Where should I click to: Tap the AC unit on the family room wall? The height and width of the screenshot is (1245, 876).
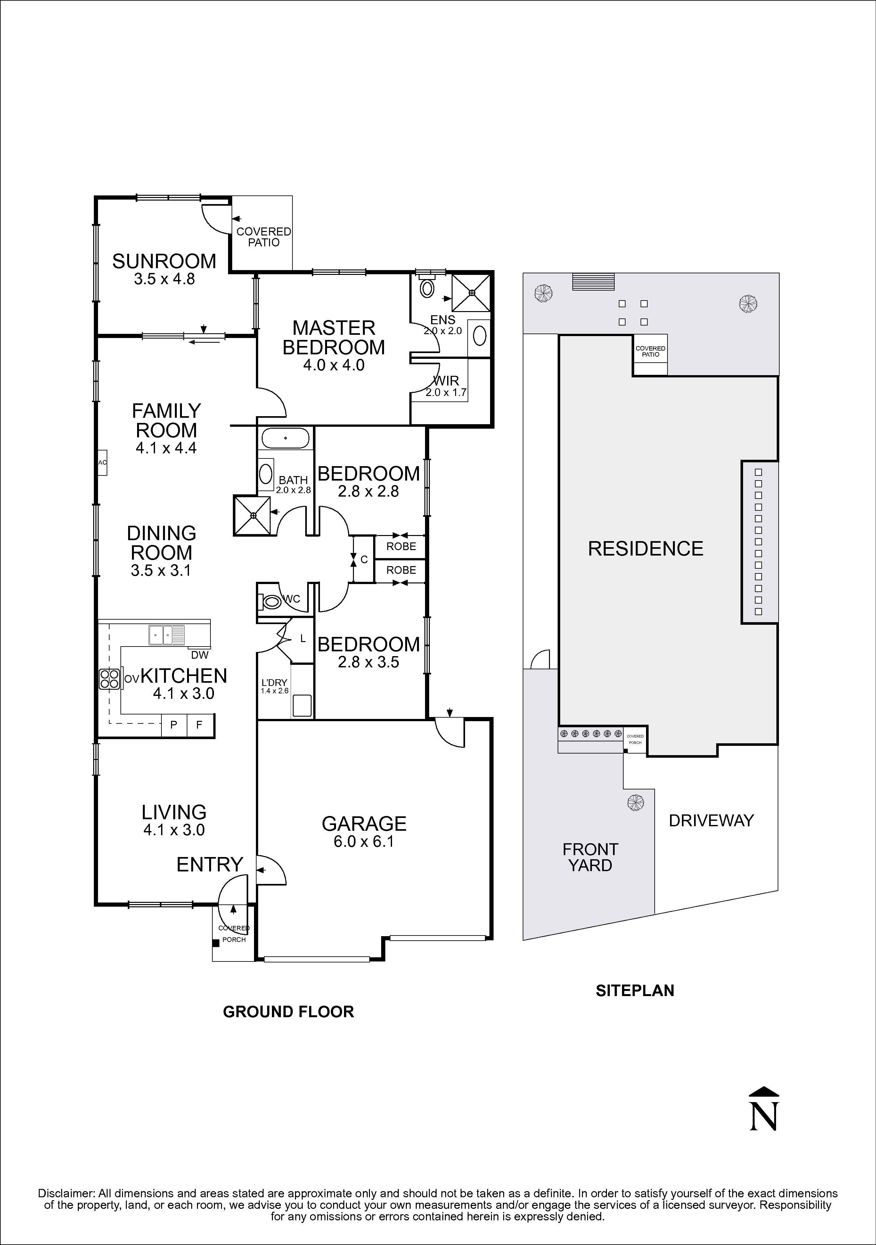[102, 463]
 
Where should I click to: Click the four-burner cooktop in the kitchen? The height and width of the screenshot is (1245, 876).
[109, 679]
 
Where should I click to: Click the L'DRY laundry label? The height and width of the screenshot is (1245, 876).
[274, 682]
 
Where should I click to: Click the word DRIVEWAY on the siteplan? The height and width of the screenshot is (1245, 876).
[711, 820]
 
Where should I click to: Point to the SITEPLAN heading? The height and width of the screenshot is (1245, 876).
[635, 991]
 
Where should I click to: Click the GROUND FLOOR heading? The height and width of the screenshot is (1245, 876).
[288, 1011]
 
